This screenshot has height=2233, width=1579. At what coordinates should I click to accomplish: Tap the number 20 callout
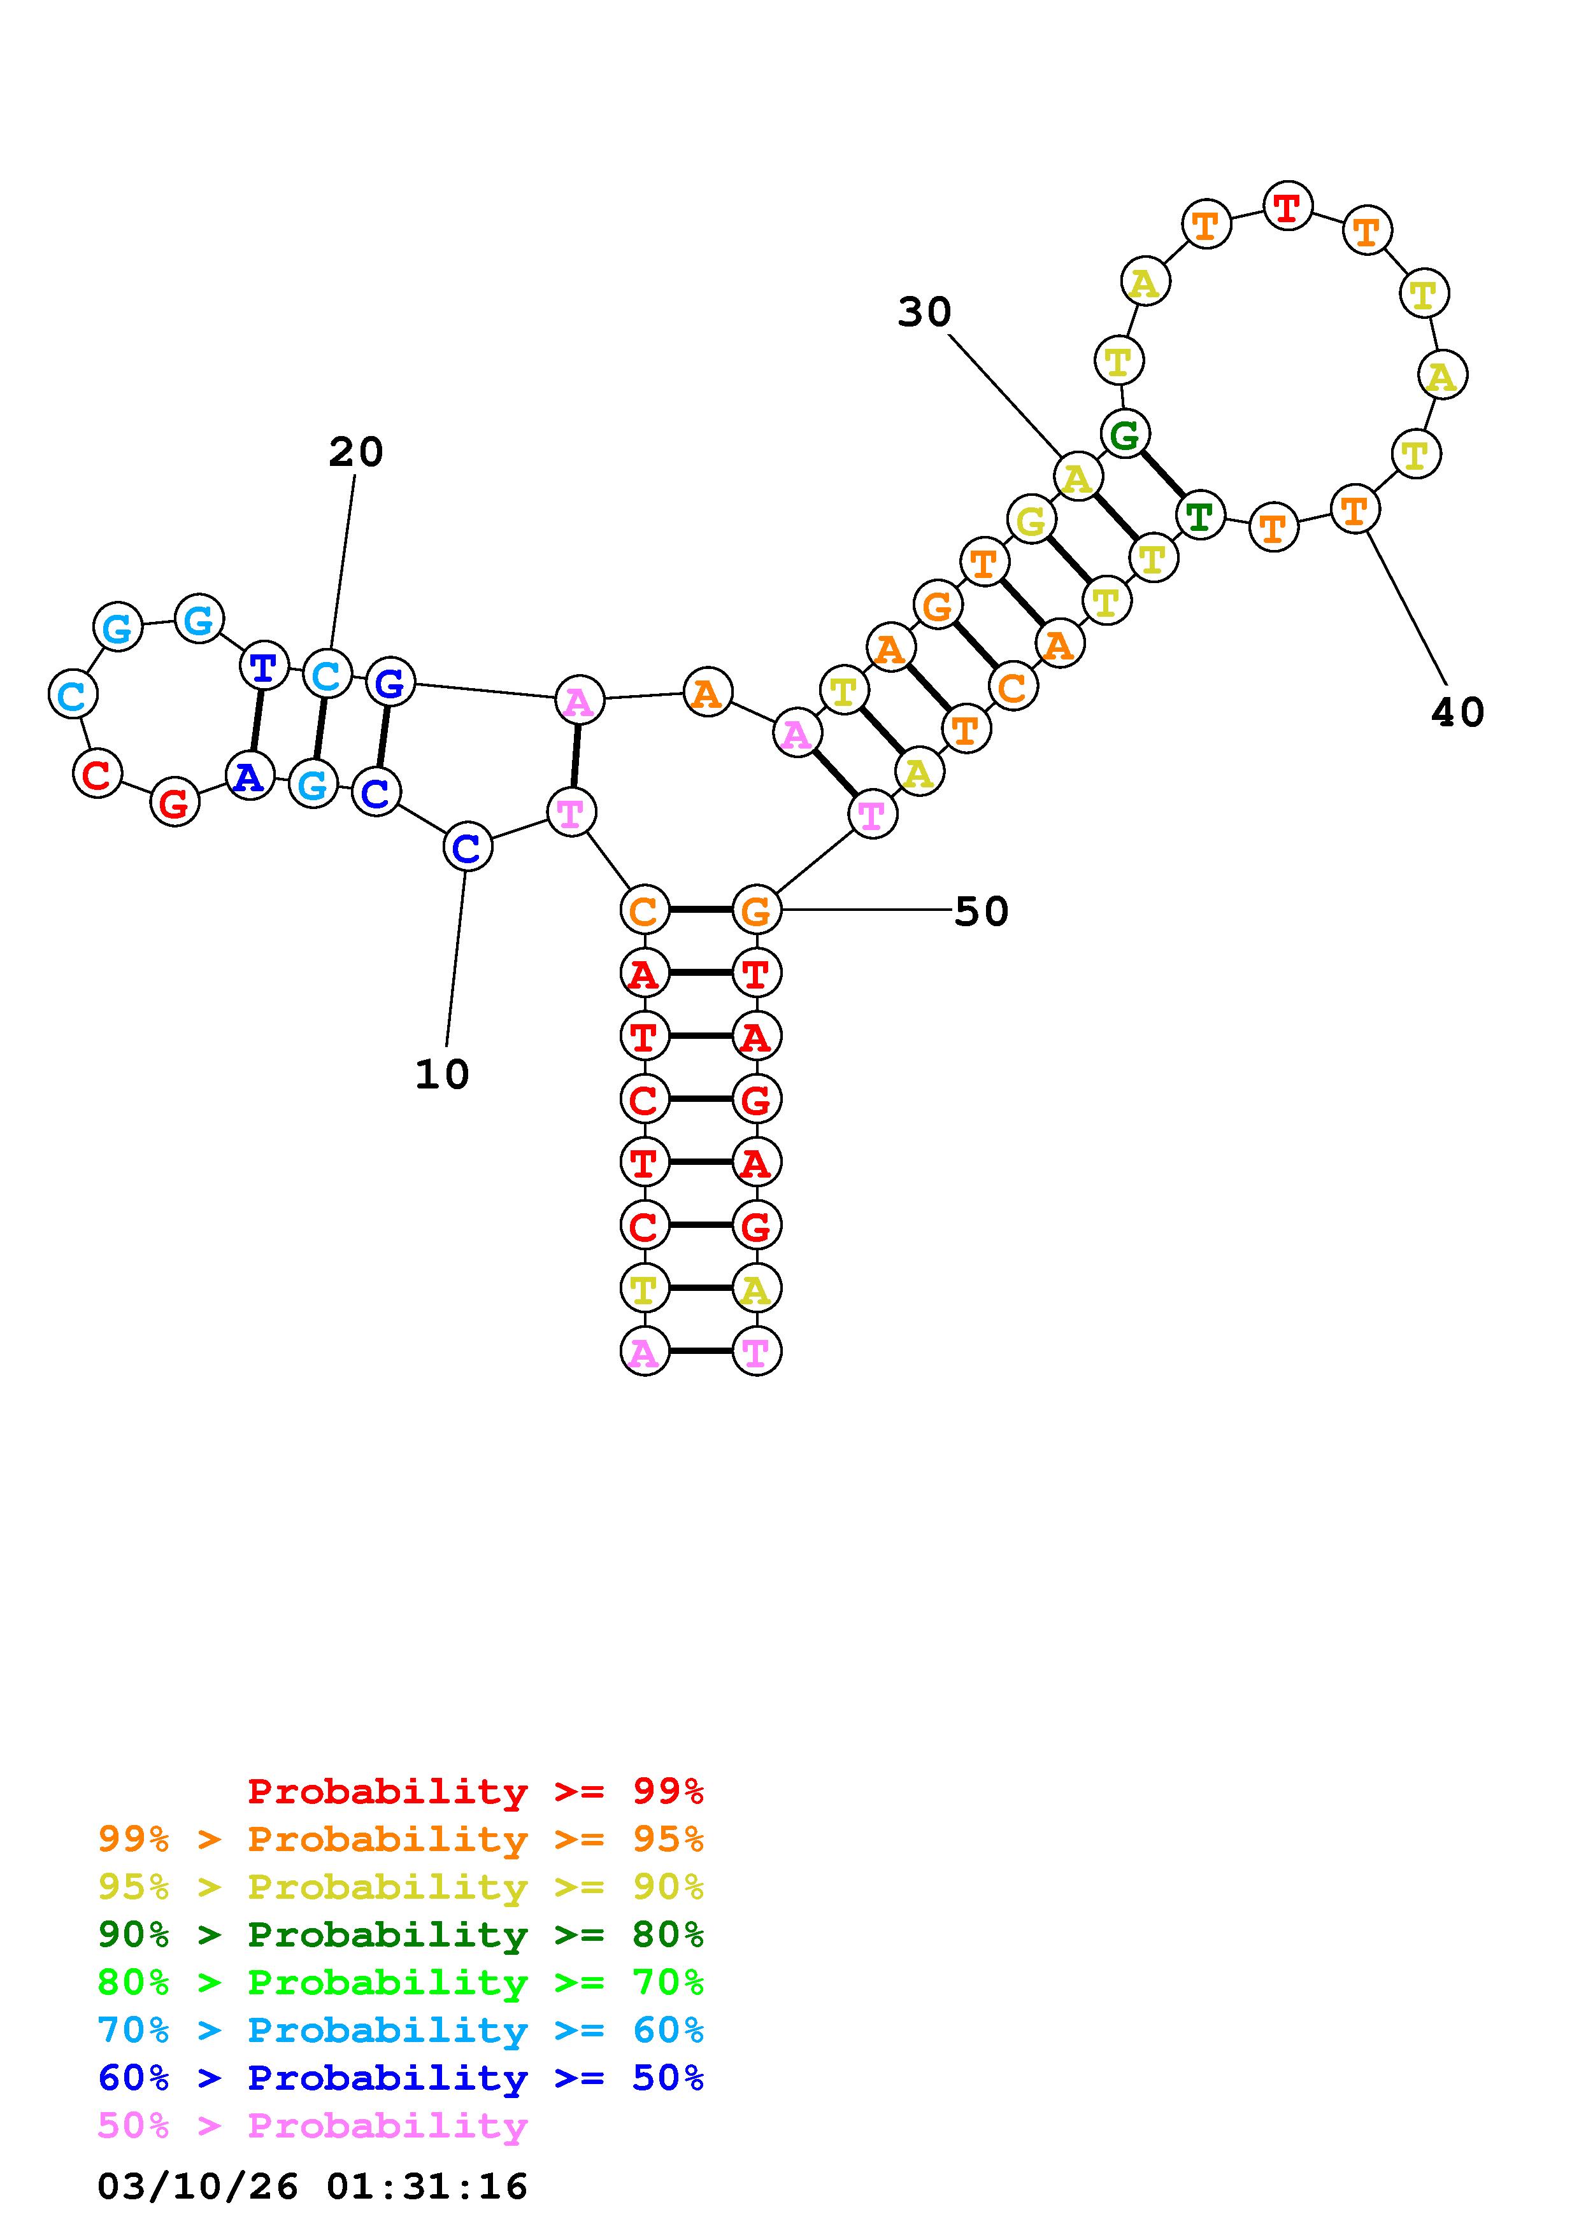pyautogui.click(x=356, y=452)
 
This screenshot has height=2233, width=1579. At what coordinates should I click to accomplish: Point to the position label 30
pyautogui.click(x=924, y=312)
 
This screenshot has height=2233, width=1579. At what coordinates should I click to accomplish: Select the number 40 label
pyautogui.click(x=1457, y=713)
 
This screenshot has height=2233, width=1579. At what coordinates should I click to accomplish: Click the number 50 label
pyautogui.click(x=981, y=912)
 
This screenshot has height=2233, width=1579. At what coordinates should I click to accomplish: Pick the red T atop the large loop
pyautogui.click(x=1287, y=206)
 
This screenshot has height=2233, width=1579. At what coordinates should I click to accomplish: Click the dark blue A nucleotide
pyautogui.click(x=249, y=776)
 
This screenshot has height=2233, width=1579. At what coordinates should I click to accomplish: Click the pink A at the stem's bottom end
pyautogui.click(x=643, y=1352)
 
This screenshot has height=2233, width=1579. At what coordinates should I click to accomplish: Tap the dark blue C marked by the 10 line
pyautogui.click(x=467, y=848)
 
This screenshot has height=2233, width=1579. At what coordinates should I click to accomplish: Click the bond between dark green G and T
pyautogui.click(x=1162, y=475)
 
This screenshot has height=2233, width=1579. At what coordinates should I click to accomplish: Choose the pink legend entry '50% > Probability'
pyautogui.click(x=312, y=2125)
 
